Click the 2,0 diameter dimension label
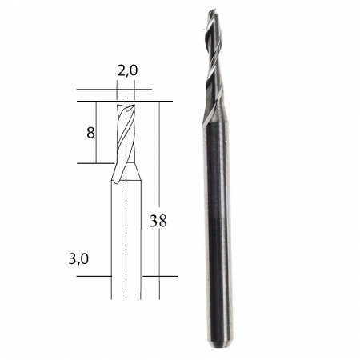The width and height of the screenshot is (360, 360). [x=127, y=70]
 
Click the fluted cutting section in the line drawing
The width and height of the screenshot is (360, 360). [x=126, y=132]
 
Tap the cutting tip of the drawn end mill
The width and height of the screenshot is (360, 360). [x=126, y=104]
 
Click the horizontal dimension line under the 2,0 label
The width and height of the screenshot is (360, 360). [x=127, y=89]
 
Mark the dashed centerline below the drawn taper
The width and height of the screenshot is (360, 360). [x=126, y=240]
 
